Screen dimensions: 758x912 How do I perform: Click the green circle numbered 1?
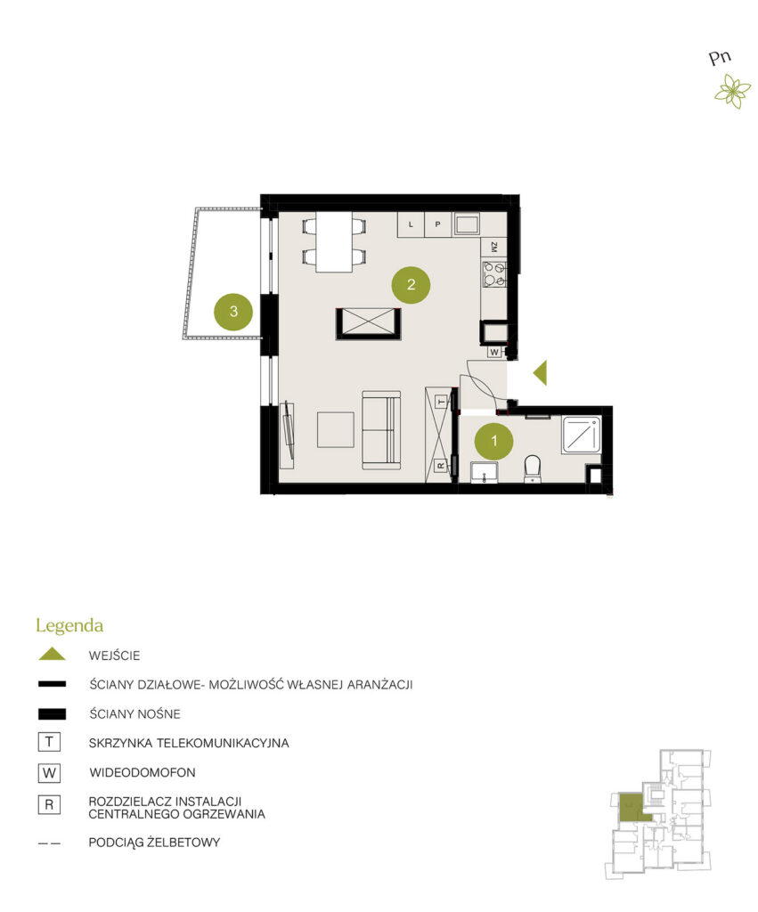[x=493, y=442]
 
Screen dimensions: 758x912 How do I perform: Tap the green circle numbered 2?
[x=411, y=284]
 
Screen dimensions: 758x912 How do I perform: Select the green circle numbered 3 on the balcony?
[x=233, y=311]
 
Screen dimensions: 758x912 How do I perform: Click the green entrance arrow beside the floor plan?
[x=540, y=373]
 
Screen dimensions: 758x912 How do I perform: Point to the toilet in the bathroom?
[x=532, y=468]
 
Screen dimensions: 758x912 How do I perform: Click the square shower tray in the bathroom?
[x=581, y=435]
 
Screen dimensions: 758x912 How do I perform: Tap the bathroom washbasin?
[x=484, y=473]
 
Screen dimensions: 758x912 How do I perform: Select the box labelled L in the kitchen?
[x=411, y=224]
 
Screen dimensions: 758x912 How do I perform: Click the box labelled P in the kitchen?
[x=437, y=224]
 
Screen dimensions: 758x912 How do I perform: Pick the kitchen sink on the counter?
[x=466, y=224]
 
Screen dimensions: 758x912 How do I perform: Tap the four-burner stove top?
[x=494, y=274]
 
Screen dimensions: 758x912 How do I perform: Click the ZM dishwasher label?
[x=493, y=248]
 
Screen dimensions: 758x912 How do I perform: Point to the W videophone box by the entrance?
[x=493, y=352]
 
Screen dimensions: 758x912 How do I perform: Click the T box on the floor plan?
[x=442, y=402]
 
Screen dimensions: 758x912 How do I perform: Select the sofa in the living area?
[x=381, y=430]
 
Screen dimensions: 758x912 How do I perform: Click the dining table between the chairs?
[x=334, y=241]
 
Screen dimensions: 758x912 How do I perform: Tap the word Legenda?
[x=69, y=626]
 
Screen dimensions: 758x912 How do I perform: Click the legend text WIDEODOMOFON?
[x=143, y=772]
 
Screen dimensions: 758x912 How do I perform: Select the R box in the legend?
[x=49, y=805]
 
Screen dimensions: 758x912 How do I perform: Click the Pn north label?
[x=720, y=57]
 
